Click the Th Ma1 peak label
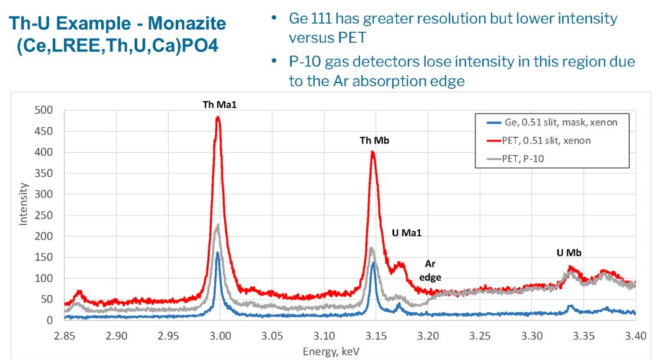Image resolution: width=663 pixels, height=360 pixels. (220, 106)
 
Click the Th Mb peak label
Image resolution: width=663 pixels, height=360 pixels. (374, 141)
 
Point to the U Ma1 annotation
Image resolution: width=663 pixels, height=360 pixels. (407, 233)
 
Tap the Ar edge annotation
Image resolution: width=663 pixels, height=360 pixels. (430, 271)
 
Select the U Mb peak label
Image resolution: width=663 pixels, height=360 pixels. (569, 253)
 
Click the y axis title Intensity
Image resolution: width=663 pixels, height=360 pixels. (24, 203)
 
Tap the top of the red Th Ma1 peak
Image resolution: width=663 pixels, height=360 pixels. (218, 117)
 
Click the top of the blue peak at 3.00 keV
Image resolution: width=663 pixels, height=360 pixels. (218, 253)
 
